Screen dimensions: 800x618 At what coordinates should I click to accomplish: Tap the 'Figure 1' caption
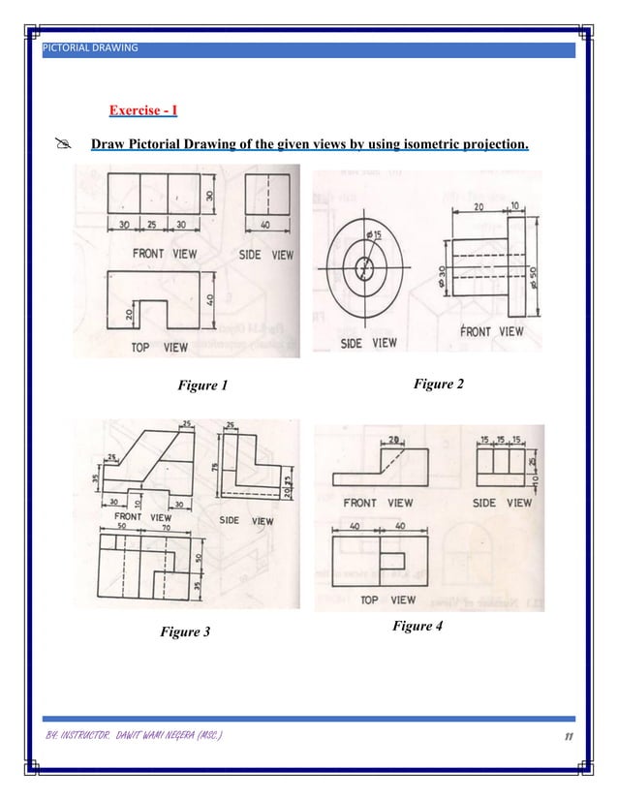(202, 385)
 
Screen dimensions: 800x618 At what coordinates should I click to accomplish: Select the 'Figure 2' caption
(438, 385)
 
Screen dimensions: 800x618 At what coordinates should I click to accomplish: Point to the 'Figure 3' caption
(184, 632)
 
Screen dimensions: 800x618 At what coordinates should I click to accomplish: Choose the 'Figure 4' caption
(417, 626)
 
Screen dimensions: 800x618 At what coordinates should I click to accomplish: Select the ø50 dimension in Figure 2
(534, 275)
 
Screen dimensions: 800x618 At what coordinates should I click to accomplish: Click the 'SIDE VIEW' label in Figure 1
(265, 255)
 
